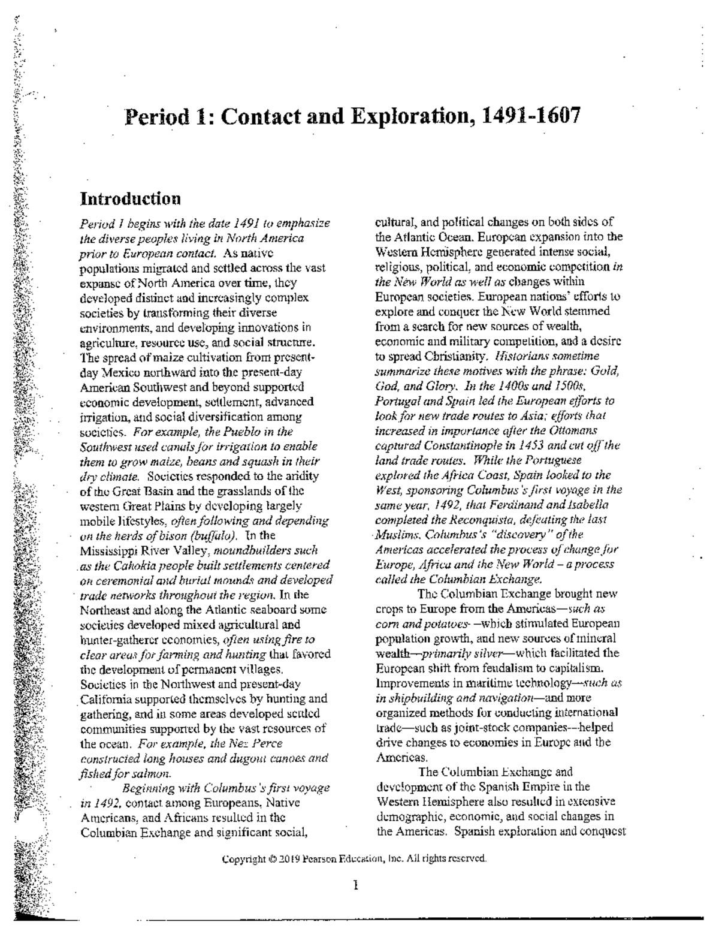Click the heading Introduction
click(x=130, y=198)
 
